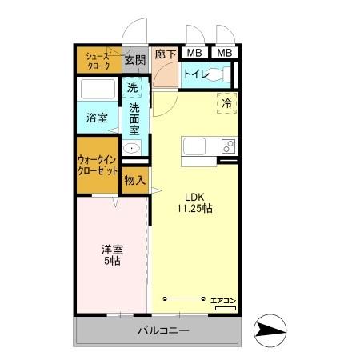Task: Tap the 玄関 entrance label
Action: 135,60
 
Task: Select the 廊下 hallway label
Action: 166,55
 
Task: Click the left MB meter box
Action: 193,54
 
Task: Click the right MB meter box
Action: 225,54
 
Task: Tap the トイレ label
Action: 195,74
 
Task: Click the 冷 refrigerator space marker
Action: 226,102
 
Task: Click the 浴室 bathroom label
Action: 97,118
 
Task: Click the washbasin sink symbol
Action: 131,148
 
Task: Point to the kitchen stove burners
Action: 228,146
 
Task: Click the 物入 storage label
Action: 134,180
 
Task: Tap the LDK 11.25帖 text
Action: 194,202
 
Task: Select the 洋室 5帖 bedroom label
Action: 112,254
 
